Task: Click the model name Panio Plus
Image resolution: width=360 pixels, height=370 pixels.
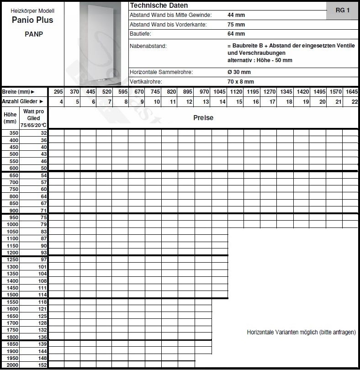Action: (x=32, y=20)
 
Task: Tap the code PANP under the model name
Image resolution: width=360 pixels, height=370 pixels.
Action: (x=34, y=34)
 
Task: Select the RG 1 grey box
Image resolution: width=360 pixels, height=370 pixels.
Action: (x=342, y=10)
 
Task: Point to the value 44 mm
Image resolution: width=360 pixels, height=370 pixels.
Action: (x=236, y=15)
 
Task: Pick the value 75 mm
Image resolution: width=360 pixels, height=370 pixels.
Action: (x=236, y=25)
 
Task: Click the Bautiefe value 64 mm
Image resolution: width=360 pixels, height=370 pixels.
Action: (x=236, y=34)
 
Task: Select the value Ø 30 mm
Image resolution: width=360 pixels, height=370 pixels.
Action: (x=239, y=72)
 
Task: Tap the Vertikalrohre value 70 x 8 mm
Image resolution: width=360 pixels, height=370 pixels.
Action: (x=240, y=82)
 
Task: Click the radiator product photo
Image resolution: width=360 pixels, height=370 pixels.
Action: (x=95, y=43)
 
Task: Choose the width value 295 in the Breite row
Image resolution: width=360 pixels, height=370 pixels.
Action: (x=58, y=92)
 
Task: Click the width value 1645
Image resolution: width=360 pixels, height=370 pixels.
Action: (x=351, y=92)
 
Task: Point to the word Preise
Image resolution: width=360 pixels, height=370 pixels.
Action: (x=203, y=118)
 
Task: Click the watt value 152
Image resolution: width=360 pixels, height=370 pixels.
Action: (x=42, y=365)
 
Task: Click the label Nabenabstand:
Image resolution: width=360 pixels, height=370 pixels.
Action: (x=148, y=46)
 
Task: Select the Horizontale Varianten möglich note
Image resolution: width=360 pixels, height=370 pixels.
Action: (x=301, y=333)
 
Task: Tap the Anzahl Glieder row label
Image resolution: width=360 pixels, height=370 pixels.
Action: (x=23, y=101)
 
